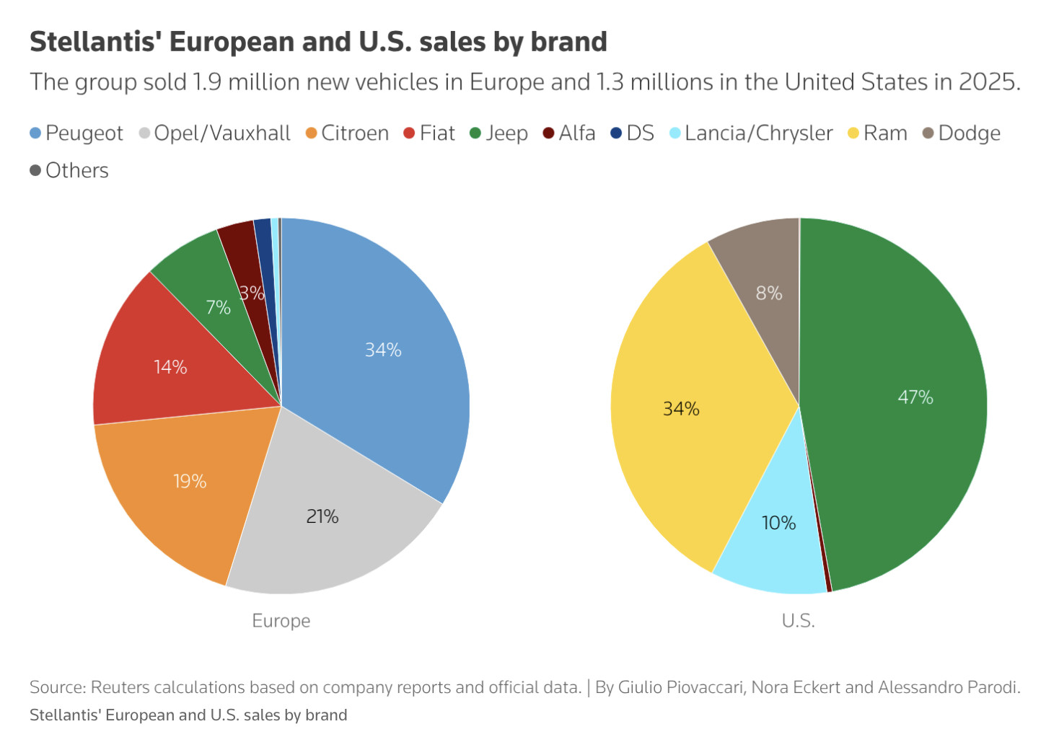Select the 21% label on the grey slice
point(322,516)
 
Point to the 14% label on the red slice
point(170,367)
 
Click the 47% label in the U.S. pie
point(915,397)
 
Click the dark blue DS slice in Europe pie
point(266,261)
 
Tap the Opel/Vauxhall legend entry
point(215,133)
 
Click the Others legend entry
point(69,170)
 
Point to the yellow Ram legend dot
point(853,133)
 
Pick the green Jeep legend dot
point(475,133)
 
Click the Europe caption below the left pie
point(281,621)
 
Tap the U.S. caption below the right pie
point(799,621)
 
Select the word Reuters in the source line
point(120,687)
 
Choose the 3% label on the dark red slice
point(252,293)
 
